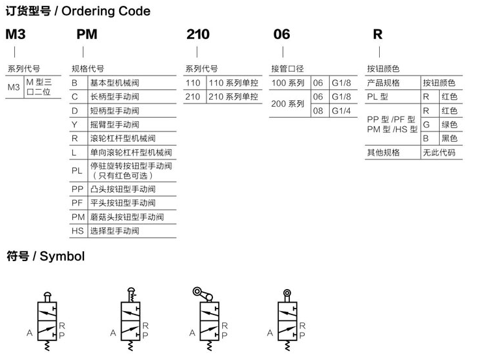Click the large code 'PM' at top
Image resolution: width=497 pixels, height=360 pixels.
click(87, 34)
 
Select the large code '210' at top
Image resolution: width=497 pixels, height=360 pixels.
click(197, 34)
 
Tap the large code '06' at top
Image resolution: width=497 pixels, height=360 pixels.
click(281, 34)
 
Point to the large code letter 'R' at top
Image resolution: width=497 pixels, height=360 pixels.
click(378, 34)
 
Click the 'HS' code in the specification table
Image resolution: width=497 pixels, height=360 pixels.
click(78, 231)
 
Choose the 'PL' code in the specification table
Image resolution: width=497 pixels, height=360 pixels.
click(77, 171)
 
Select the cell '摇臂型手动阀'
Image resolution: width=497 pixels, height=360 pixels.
click(114, 124)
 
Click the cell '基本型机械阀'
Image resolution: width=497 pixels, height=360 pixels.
click(114, 83)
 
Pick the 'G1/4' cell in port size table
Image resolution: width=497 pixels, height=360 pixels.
click(341, 111)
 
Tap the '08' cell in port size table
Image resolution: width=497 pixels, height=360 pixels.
click(318, 111)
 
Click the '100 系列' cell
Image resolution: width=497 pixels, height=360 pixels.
click(288, 83)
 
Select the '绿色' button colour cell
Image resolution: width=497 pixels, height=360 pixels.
click(449, 124)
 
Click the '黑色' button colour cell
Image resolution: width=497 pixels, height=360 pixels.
click(449, 138)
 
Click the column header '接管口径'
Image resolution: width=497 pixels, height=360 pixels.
click(287, 68)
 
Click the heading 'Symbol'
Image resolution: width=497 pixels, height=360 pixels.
click(63, 256)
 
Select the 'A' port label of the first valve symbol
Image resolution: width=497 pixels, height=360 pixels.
click(29, 333)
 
